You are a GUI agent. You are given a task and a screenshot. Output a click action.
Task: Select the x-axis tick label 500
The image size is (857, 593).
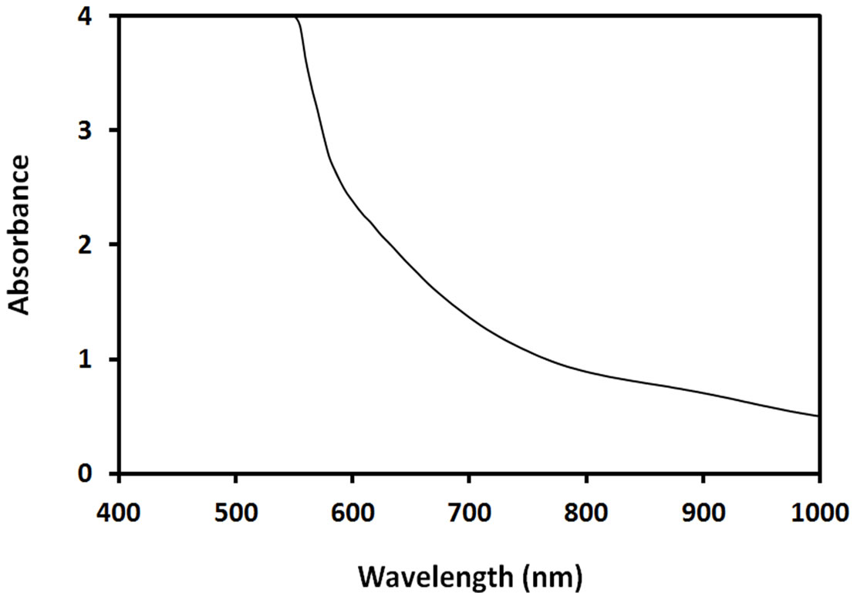point(235,512)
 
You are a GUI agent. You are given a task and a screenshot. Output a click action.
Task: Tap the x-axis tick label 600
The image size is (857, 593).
point(352,512)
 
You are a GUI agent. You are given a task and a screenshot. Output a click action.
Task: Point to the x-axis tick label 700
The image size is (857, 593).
point(469,512)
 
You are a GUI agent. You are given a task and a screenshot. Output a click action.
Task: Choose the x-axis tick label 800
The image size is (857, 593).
point(586,512)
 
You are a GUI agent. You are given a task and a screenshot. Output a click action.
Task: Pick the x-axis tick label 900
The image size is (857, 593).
point(703,512)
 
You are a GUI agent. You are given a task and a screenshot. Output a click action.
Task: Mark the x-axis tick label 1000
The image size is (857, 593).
point(819,512)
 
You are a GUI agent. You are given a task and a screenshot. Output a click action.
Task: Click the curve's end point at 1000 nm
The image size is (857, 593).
point(818,416)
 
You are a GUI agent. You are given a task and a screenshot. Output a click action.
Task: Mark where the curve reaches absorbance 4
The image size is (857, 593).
point(296,17)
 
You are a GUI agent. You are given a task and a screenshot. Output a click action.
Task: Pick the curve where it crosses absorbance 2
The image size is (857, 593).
point(391,244)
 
